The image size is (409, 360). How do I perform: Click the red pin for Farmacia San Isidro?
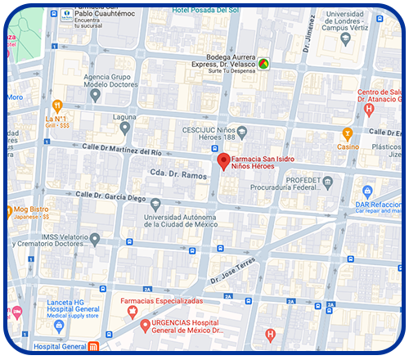tap(222, 161)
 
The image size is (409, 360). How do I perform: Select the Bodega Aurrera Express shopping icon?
tap(263, 63)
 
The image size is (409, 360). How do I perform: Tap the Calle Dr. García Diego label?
tap(110, 196)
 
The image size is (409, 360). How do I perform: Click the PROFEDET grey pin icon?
tap(328, 181)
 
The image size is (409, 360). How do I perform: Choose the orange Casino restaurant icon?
tap(348, 133)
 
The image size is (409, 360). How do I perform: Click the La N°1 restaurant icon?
tap(56, 104)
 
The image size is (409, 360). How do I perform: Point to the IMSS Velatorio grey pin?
tap(95, 239)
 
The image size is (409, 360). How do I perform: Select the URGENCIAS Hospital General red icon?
tap(145, 326)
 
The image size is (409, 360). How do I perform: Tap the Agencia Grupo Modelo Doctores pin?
tap(96, 95)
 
